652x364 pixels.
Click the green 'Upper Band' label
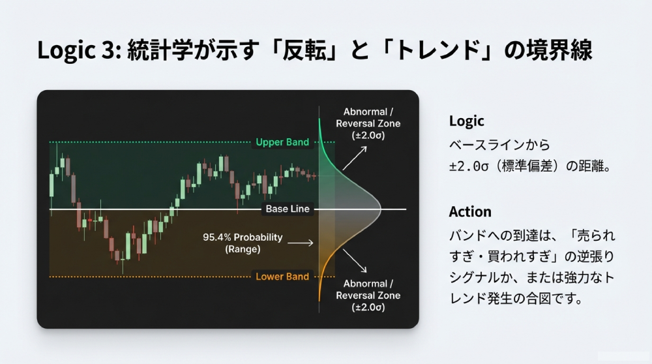[x=282, y=142]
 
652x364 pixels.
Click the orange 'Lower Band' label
[x=282, y=277]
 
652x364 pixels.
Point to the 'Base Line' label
[x=288, y=209]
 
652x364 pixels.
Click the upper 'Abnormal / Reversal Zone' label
[x=368, y=123]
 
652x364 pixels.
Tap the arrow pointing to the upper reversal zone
[x=355, y=157]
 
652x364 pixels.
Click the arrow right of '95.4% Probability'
[x=301, y=243]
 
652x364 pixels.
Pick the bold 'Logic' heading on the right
[x=466, y=121]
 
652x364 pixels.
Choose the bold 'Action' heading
[x=470, y=212]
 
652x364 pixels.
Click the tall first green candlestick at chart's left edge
[x=51, y=185]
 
